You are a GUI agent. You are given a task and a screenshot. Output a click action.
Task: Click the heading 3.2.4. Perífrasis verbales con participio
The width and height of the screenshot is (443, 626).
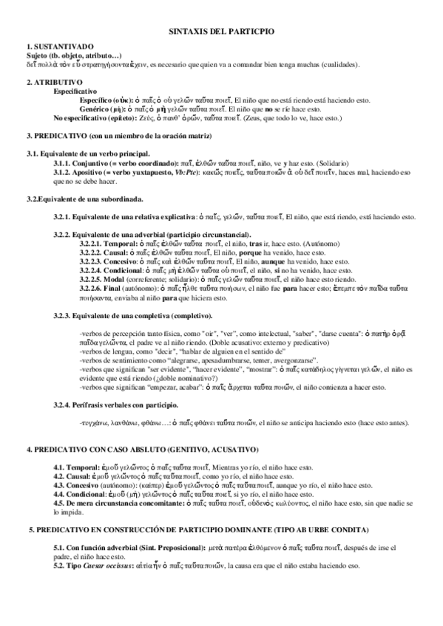click(x=115, y=404)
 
